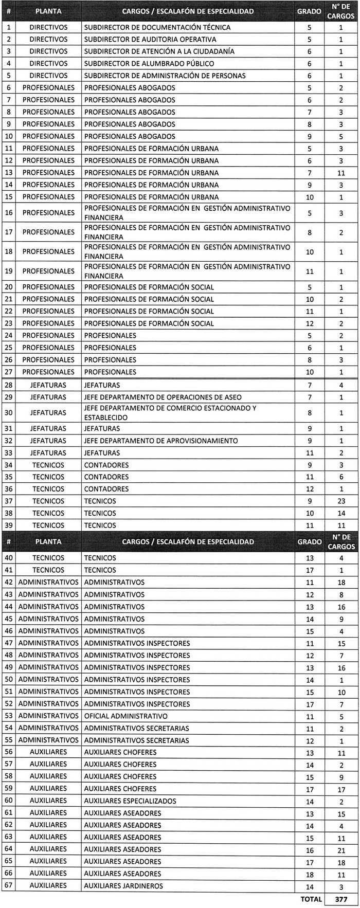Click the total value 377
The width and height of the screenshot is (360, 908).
coord(341,899)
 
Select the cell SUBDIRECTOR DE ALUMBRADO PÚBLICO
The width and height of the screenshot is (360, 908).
coord(149,64)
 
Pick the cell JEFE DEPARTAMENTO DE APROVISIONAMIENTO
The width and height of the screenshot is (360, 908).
coord(161,441)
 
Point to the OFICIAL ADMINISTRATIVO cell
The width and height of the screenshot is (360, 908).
coord(126,716)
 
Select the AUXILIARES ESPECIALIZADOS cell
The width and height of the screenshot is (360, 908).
coord(130,801)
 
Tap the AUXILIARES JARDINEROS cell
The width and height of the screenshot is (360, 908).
coord(123,886)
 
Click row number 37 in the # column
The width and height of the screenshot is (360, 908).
coord(9,501)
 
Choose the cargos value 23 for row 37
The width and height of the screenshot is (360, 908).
coord(341,501)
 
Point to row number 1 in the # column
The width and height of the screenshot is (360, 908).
coord(9,27)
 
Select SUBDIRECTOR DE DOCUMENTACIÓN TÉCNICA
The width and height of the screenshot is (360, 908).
coord(157,27)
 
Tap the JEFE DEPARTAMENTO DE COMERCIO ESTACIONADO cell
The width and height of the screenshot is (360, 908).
coord(170,413)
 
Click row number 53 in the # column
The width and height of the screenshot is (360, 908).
coord(9,716)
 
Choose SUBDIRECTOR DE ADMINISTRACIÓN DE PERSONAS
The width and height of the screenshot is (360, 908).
coord(165,76)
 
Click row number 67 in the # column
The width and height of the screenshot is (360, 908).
coord(9,886)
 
